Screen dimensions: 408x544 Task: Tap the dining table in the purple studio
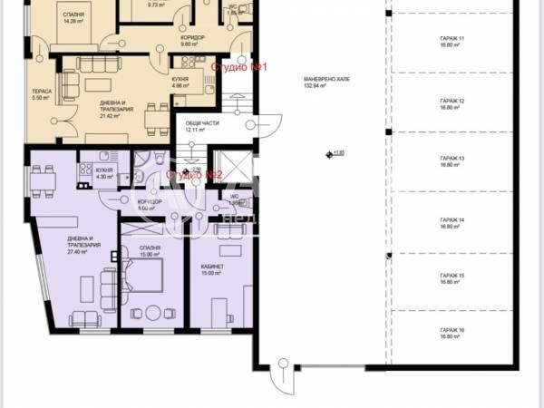point(43,182)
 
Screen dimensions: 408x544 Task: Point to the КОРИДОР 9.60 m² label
point(190,41)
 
